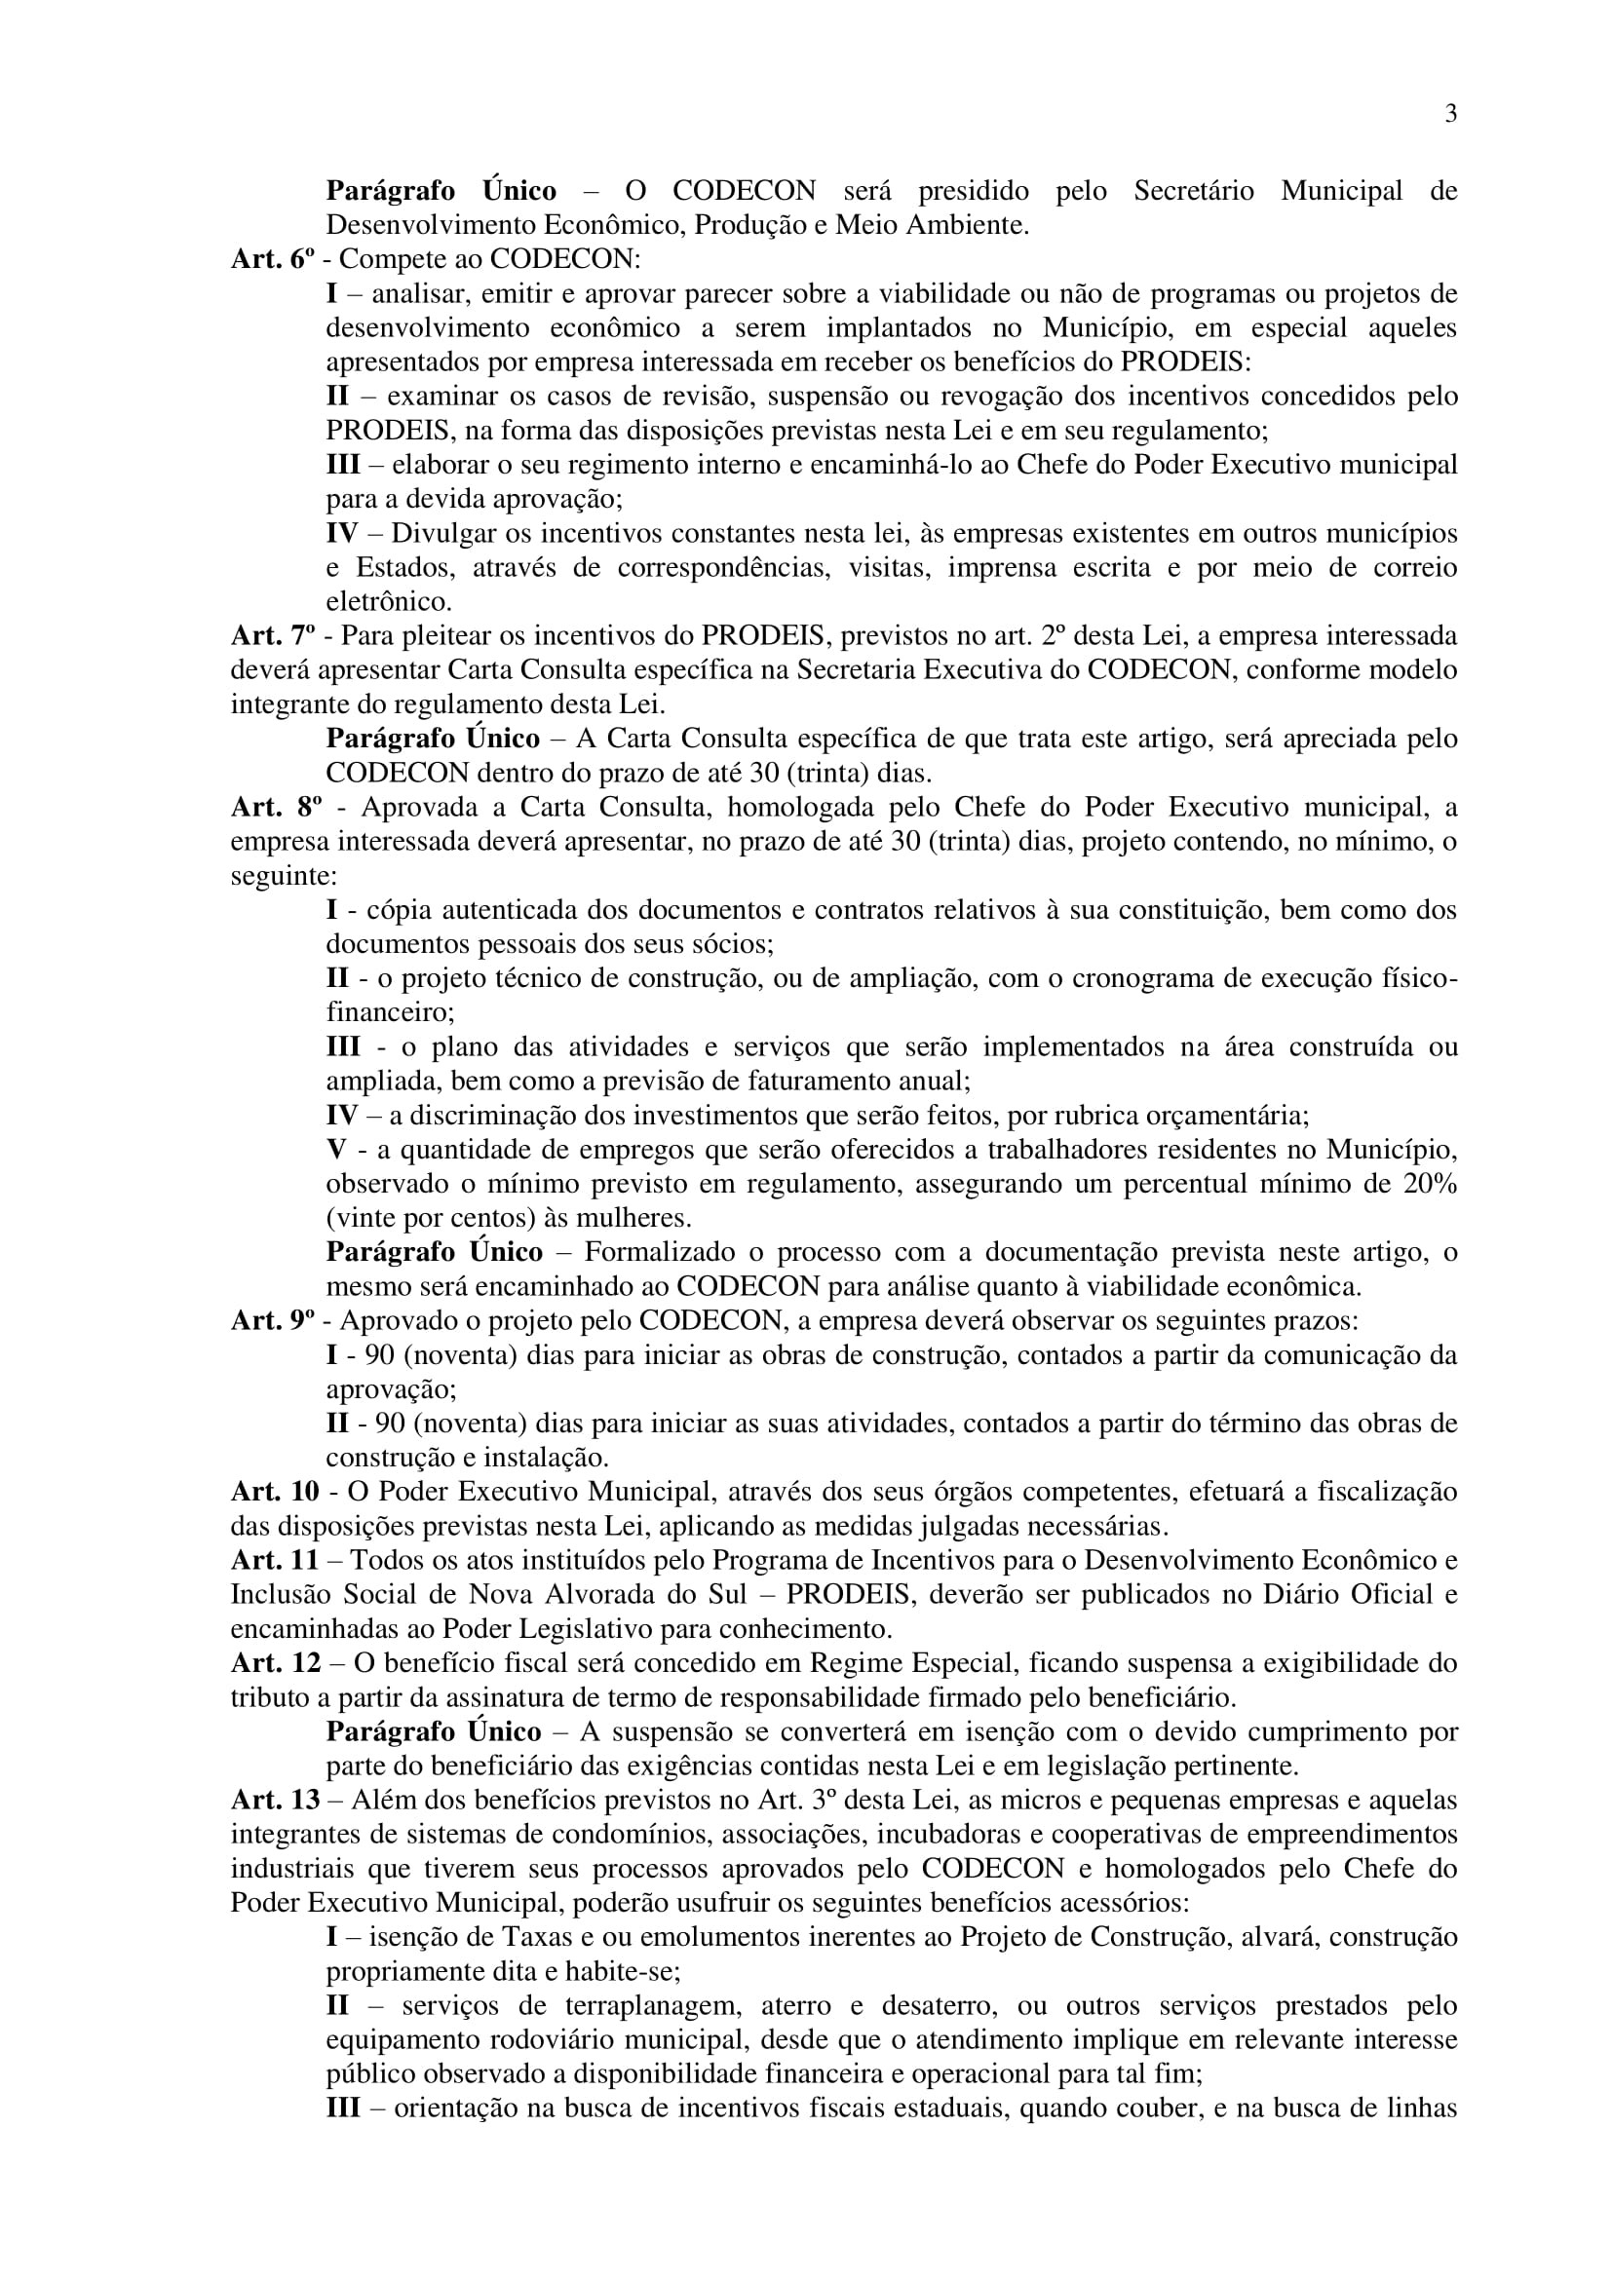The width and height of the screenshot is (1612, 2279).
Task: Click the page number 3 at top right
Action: (1450, 114)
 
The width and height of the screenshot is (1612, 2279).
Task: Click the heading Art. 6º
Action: (272, 259)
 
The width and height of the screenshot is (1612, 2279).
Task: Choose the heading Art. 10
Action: (275, 1492)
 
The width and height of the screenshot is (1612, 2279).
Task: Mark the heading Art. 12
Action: (275, 1663)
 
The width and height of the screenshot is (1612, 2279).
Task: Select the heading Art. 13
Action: (275, 1801)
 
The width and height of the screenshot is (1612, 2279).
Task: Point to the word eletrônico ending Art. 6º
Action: (388, 601)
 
